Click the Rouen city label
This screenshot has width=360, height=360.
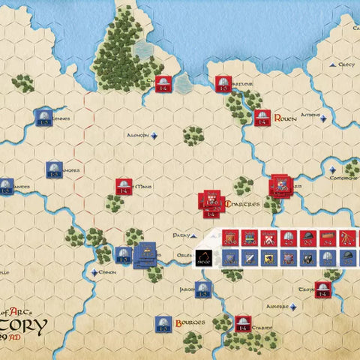click(x=286, y=118)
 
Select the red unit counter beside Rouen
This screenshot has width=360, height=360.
click(x=262, y=118)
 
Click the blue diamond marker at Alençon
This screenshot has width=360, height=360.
click(x=154, y=136)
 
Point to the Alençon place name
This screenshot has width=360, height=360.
click(x=137, y=136)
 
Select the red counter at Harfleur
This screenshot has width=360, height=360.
click(x=222, y=85)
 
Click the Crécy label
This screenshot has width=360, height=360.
click(x=346, y=64)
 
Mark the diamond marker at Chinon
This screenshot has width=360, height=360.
click(x=94, y=273)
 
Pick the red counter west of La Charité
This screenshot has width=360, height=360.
click(x=241, y=324)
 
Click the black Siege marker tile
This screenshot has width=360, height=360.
click(x=204, y=257)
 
